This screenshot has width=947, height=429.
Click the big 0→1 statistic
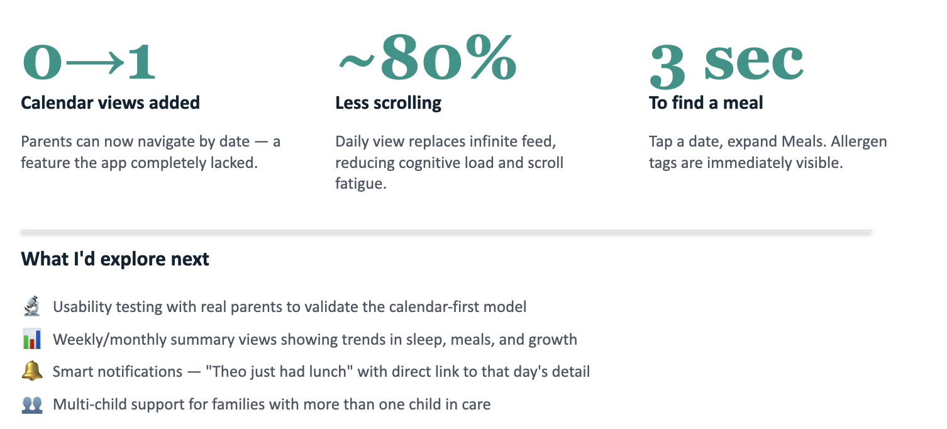88,62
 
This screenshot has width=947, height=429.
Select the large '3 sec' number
726,64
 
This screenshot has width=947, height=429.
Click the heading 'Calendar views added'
110,103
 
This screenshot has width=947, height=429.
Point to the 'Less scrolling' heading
388,103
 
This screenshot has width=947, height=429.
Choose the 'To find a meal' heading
706,103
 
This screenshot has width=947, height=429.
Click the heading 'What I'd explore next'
115,259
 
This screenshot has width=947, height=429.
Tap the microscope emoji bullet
31,307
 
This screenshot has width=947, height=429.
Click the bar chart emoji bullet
31,340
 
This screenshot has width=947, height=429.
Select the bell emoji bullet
31,372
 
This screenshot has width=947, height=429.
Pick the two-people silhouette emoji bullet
31,404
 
